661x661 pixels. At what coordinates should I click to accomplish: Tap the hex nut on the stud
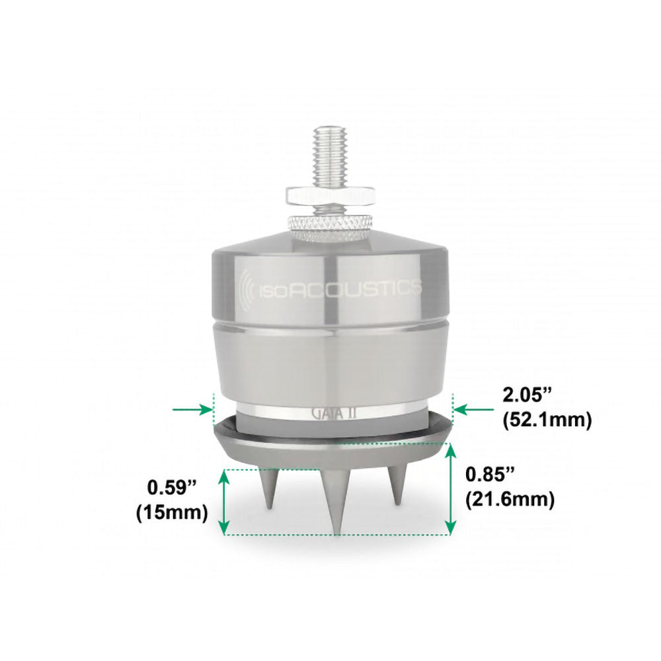coord(330,194)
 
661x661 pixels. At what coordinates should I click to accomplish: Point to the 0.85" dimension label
coord(488,475)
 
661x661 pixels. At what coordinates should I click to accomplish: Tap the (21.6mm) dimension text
coord(509,499)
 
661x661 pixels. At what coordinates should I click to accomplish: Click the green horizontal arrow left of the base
coord(192,410)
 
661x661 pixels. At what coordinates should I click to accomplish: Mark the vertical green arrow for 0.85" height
coord(451,489)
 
